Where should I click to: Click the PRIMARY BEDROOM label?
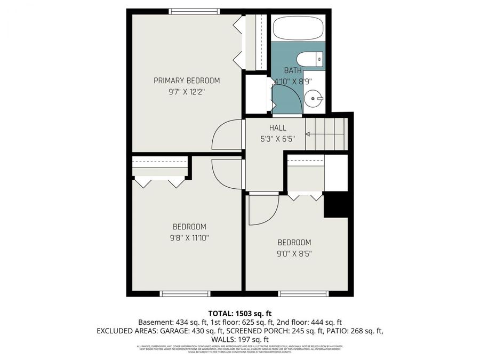[187, 81]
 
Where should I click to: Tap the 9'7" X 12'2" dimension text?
[187, 91]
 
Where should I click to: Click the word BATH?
[292, 70]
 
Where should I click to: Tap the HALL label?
[277, 128]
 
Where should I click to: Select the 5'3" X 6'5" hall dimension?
[277, 139]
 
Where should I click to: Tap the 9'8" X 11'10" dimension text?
[186, 237]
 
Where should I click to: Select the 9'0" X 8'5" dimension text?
[294, 253]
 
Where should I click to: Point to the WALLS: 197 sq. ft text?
[239, 340]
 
